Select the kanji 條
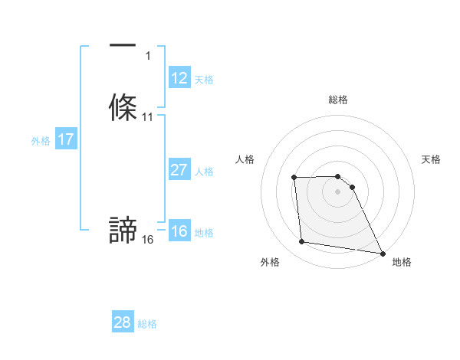(123, 106)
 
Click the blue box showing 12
(179, 78)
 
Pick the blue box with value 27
(179, 170)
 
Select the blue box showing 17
(66, 139)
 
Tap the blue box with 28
(123, 322)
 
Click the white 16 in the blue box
(179, 231)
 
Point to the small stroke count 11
(148, 117)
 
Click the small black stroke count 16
(148, 240)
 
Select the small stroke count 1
(148, 56)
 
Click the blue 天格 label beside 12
(204, 80)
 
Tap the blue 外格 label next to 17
(41, 141)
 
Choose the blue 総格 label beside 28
(147, 324)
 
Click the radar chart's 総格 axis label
(338, 100)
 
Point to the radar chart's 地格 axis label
(402, 262)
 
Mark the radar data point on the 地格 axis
(383, 253)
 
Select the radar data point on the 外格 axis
(302, 242)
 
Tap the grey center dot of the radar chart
(338, 191)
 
